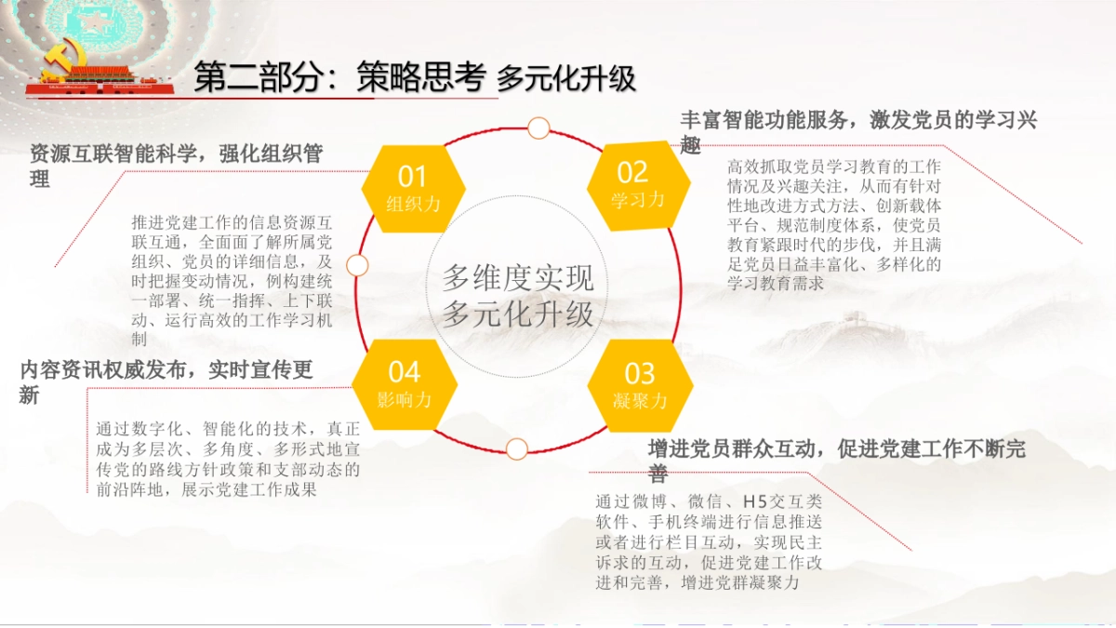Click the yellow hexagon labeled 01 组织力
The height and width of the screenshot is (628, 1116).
click(413, 187)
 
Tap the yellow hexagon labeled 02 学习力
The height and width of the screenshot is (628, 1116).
click(638, 184)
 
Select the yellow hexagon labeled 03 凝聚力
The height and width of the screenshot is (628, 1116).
click(640, 385)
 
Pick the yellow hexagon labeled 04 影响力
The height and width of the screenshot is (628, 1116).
click(405, 384)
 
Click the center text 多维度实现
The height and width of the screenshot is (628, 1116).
click(517, 277)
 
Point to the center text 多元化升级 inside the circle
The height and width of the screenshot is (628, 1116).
click(517, 314)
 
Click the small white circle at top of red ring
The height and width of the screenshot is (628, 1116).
click(538, 127)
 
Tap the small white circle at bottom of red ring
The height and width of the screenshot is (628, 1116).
click(517, 448)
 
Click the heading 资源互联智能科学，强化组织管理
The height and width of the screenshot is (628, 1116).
click(177, 166)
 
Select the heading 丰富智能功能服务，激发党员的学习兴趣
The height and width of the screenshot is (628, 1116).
click(857, 131)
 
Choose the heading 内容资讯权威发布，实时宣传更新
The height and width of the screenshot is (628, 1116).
click(166, 381)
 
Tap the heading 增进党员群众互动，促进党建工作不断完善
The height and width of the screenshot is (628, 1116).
click(836, 460)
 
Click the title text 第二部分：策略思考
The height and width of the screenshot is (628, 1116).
click(339, 78)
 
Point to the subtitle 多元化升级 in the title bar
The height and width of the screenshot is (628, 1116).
click(565, 79)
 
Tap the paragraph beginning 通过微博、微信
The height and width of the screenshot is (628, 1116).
click(709, 541)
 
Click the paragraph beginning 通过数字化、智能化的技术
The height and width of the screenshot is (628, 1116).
click(228, 459)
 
